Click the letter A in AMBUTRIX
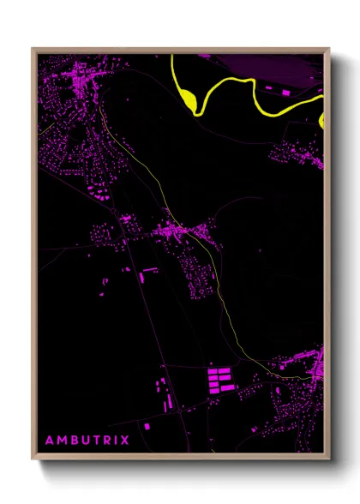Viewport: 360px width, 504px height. tap(49, 441)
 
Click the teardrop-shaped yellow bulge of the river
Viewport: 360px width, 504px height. tap(188, 99)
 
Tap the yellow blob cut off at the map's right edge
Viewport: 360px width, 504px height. tap(322, 120)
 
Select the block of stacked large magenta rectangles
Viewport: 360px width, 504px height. tap(220, 380)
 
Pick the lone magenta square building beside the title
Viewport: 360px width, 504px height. tap(147, 425)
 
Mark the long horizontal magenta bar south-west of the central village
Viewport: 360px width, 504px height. tap(150, 269)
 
